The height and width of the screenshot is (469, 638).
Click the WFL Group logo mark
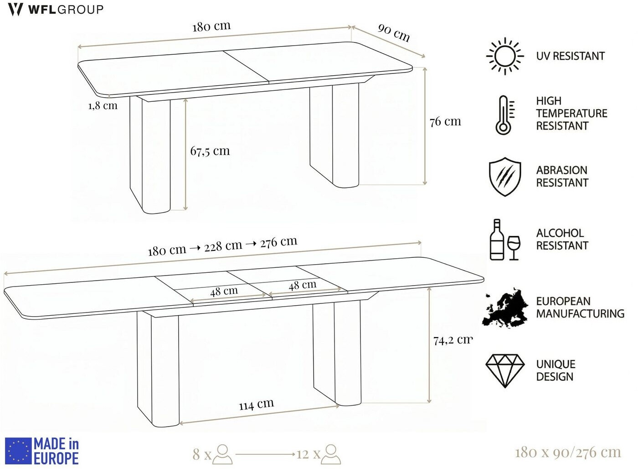pos(15,10)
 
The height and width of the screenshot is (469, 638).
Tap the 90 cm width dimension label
pos(394,32)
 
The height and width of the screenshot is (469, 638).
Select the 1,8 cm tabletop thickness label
pos(103,106)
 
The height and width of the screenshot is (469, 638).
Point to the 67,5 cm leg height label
pos(210,151)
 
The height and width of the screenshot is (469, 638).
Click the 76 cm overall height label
pos(446,122)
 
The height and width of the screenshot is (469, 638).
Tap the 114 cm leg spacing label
pos(256,404)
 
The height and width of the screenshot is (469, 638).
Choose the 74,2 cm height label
pos(453,340)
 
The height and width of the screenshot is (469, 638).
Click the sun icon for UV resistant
pos(505,56)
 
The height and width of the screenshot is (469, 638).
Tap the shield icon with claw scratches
pos(505,177)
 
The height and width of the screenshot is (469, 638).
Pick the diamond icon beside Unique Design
pos(505,371)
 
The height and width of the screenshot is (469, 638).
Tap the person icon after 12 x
pos(331,454)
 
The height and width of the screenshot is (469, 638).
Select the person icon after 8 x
pos(223,454)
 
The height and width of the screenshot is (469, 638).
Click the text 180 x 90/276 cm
pos(568,453)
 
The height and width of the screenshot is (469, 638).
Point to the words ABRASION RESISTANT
pos(562,177)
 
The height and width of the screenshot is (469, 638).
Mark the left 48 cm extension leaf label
pos(224,291)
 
